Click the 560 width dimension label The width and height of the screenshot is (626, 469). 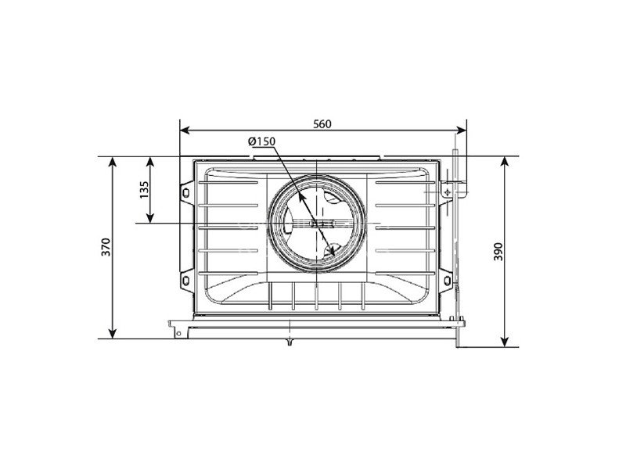point(322,124)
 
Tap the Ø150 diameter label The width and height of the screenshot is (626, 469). point(261,141)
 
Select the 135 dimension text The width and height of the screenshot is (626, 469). point(144,190)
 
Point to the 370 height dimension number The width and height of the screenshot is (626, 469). point(106,247)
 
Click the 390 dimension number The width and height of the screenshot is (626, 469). point(498,252)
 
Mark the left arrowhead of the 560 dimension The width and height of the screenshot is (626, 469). point(185,130)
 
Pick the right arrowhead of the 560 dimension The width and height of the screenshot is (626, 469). point(461,130)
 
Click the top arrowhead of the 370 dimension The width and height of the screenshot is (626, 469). point(113,162)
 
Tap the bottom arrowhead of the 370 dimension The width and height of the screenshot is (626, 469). point(113,334)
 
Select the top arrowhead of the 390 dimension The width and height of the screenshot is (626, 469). point(505,162)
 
